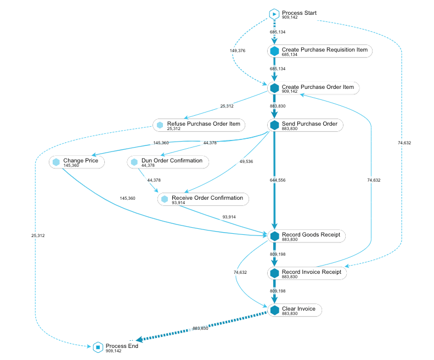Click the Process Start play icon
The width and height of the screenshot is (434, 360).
pyautogui.click(x=274, y=14)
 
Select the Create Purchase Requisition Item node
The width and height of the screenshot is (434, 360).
pyautogui.click(x=320, y=51)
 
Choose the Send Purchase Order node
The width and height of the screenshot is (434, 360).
pyautogui.click(x=306, y=125)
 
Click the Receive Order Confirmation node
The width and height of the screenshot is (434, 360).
pyautogui.click(x=204, y=199)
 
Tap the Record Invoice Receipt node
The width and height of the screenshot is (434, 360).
pyautogui.click(x=307, y=273)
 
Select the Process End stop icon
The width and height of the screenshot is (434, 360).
pyautogui.click(x=98, y=347)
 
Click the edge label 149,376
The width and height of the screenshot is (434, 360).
pyautogui.click(x=237, y=50)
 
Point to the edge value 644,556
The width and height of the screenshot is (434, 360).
pyautogui.click(x=278, y=180)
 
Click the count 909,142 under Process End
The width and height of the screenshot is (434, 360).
pyautogui.click(x=114, y=351)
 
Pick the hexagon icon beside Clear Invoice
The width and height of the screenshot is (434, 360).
pyautogui.click(x=274, y=310)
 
